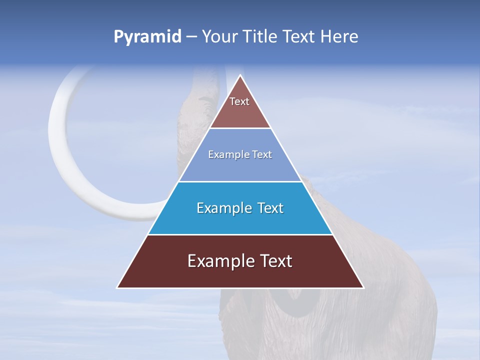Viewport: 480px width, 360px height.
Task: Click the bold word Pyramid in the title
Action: [x=147, y=37]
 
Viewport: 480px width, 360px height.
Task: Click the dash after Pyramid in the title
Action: [x=191, y=37]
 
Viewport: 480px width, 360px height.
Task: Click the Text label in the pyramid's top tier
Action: [x=239, y=101]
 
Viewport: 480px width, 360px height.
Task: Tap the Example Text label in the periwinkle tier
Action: [x=240, y=154]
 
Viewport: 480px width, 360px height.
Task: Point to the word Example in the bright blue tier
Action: [x=222, y=208]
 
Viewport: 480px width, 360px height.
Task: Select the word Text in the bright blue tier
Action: [x=271, y=208]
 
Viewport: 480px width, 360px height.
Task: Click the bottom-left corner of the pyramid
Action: [x=117, y=287]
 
